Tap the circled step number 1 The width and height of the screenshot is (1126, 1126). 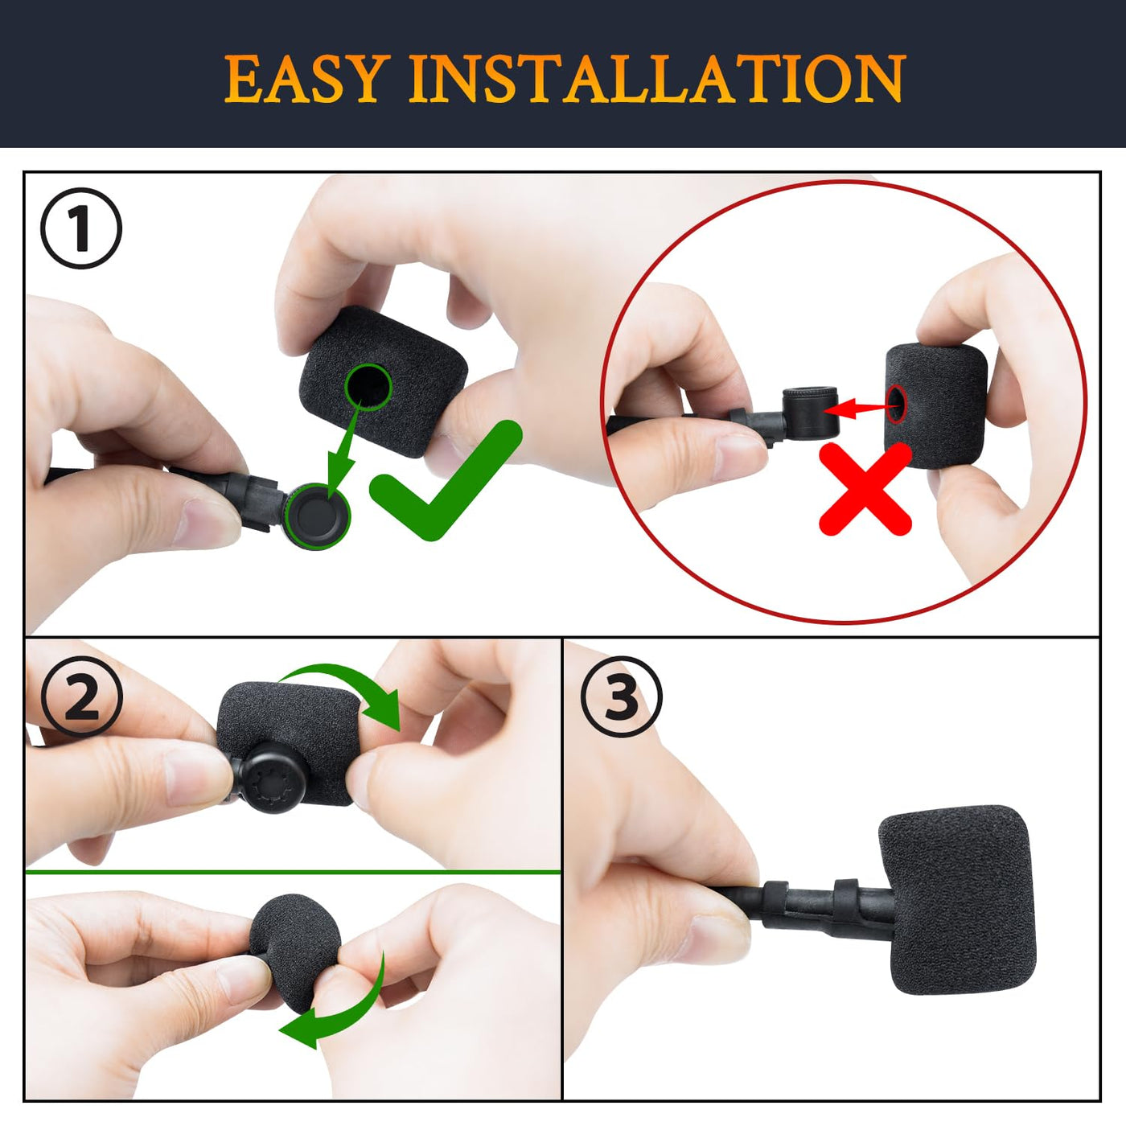point(81,228)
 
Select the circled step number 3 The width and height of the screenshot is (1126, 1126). point(621,696)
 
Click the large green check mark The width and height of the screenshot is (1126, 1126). point(446,480)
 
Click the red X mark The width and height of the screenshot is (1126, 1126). point(865,488)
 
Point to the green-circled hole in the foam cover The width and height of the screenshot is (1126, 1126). point(368,387)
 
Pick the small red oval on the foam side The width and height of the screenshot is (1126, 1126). point(896,403)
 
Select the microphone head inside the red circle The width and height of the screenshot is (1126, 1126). point(811,412)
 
